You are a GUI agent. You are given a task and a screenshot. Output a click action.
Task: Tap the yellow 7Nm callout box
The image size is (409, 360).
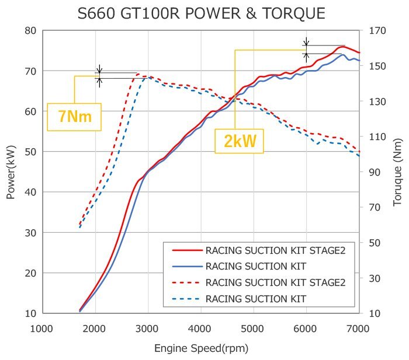74,117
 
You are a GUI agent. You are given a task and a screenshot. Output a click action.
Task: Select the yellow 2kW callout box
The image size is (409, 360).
239,141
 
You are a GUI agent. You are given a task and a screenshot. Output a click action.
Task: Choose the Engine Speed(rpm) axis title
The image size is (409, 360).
201,348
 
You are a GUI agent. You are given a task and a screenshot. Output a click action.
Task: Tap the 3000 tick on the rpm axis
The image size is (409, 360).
147,328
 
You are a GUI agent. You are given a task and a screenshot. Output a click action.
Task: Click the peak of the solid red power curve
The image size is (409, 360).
344,46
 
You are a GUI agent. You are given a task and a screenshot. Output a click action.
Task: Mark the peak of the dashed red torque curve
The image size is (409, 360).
138,74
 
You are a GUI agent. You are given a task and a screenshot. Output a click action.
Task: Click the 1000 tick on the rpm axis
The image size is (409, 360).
42,328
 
